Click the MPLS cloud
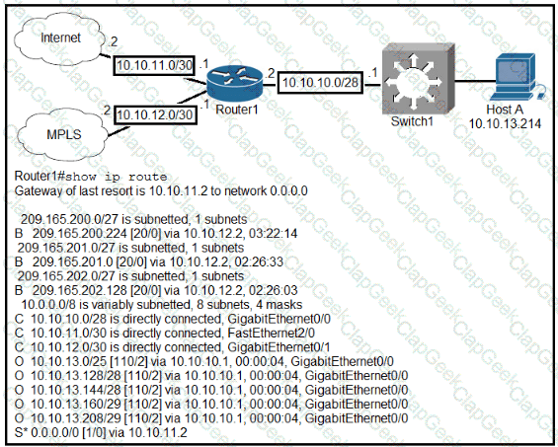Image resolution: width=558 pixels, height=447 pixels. pyautogui.click(x=63, y=134)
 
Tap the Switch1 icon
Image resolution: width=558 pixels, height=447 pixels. pyautogui.click(x=419, y=78)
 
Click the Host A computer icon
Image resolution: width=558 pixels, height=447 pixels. pyautogui.click(x=517, y=77)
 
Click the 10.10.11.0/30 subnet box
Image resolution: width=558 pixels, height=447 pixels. pyautogui.click(x=154, y=65)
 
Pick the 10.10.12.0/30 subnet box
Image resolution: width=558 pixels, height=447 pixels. pyautogui.click(x=155, y=114)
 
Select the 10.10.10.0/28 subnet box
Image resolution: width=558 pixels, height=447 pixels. pyautogui.click(x=320, y=83)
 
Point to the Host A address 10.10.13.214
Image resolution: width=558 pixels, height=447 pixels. pyautogui.click(x=505, y=124)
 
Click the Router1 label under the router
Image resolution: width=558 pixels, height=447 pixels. pyautogui.click(x=237, y=110)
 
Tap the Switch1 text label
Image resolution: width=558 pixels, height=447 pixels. pyautogui.click(x=412, y=121)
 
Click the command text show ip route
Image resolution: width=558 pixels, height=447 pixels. pyautogui.click(x=116, y=177)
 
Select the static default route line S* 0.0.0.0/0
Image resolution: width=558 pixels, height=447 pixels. pyautogui.click(x=101, y=432)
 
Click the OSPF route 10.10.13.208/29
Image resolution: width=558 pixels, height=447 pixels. pyautogui.click(x=211, y=418)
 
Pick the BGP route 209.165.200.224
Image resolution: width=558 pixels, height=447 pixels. pyautogui.click(x=156, y=234)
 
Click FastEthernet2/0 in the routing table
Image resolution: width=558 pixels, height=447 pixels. pyautogui.click(x=272, y=334)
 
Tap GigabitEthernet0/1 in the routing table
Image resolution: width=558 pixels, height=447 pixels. pyautogui.click(x=279, y=347)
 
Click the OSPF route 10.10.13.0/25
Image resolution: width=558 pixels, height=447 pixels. pyautogui.click(x=204, y=362)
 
